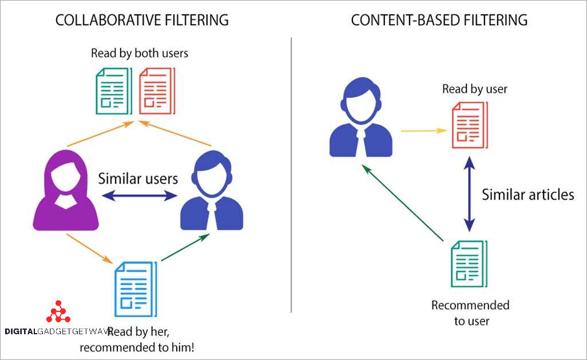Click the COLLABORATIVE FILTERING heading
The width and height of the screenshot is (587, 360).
142,20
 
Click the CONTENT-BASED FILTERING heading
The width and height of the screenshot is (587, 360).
439,20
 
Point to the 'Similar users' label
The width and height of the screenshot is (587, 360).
138,178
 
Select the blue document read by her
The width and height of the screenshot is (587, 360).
135,288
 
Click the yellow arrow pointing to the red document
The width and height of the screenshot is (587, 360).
423,130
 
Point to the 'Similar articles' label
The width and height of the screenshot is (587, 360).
527,195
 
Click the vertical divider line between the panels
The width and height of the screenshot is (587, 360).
291,172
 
